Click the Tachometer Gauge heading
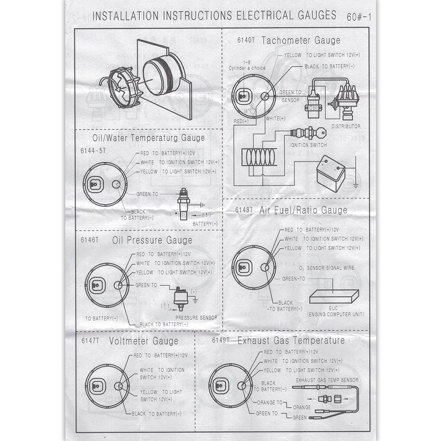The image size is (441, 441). pyautogui.click(x=301, y=41)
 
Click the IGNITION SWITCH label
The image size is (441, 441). pyautogui.click(x=308, y=145)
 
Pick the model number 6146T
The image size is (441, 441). pyautogui.click(x=90, y=240)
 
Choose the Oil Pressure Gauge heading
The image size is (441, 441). pyautogui.click(x=152, y=240)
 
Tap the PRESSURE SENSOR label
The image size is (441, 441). pyautogui.click(x=196, y=318)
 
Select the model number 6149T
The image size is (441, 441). pyautogui.click(x=221, y=340)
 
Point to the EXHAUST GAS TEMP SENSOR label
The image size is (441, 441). pyautogui.click(x=327, y=380)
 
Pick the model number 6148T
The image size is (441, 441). pyautogui.click(x=245, y=210)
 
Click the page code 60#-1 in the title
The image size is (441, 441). pyautogui.click(x=359, y=17)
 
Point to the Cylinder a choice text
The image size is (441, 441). pyautogui.click(x=247, y=68)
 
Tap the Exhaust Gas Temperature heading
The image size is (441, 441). pyautogui.click(x=291, y=340)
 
